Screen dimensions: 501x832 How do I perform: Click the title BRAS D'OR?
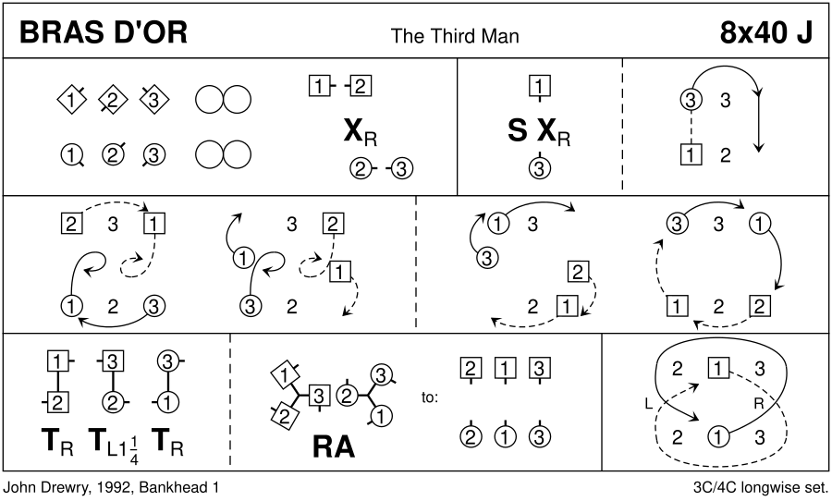[x=103, y=33]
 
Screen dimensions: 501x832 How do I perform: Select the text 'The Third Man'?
[x=455, y=36]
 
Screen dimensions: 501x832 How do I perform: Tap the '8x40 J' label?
[x=765, y=33]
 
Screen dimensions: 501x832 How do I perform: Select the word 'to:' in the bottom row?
[x=430, y=398]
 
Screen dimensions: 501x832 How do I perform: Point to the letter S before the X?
[x=518, y=133]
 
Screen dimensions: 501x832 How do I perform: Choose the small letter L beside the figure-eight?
[x=648, y=404]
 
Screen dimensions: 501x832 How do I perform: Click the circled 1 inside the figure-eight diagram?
[x=716, y=436]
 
